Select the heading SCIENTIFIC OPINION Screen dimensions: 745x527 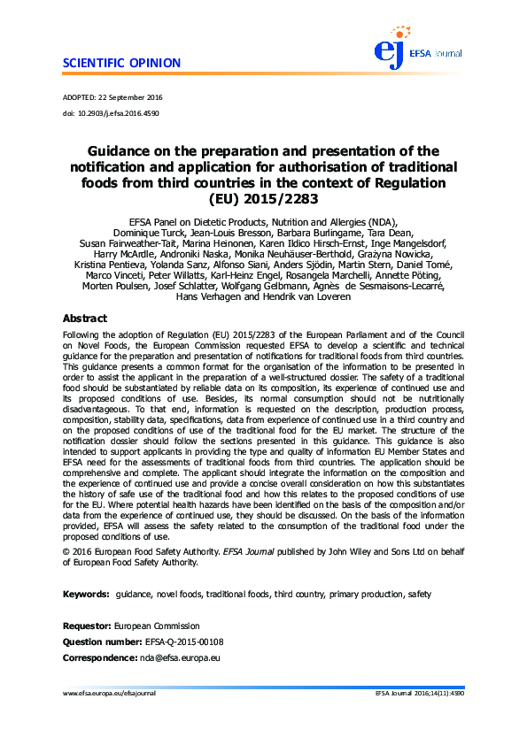click(122, 64)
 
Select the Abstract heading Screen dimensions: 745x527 click(85, 318)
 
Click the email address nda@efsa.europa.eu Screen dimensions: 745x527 click(180, 658)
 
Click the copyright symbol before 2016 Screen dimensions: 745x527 click(66, 551)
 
